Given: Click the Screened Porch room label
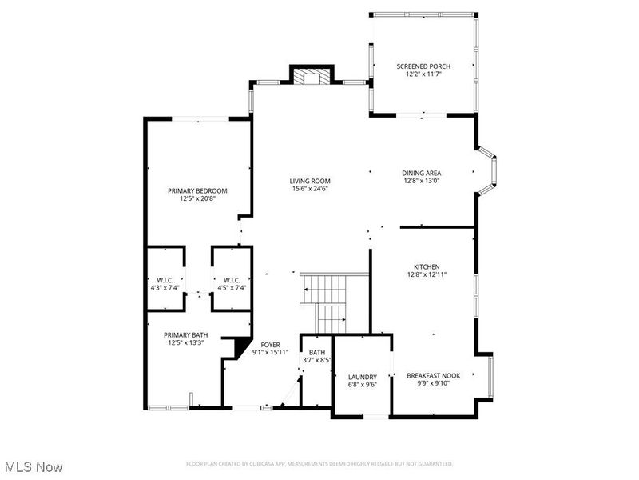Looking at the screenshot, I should [422, 66].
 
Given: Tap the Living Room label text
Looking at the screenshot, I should [310, 181].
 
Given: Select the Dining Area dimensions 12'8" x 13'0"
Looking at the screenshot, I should [422, 181].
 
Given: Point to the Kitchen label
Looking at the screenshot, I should [427, 266].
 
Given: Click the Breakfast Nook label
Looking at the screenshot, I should [434, 374].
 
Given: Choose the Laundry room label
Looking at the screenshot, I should [362, 377].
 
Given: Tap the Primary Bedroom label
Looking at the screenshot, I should [197, 190].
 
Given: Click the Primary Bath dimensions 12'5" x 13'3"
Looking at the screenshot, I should [186, 343].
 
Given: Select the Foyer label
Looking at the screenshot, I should [270, 344].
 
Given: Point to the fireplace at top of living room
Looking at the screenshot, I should [310, 76].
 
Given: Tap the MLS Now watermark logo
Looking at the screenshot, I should [34, 466].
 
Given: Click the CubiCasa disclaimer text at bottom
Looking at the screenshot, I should [319, 463].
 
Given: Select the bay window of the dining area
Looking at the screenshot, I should [488, 170].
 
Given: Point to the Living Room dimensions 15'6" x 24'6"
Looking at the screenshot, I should [310, 189].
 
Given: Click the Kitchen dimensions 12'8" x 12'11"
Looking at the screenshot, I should [427, 274].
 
